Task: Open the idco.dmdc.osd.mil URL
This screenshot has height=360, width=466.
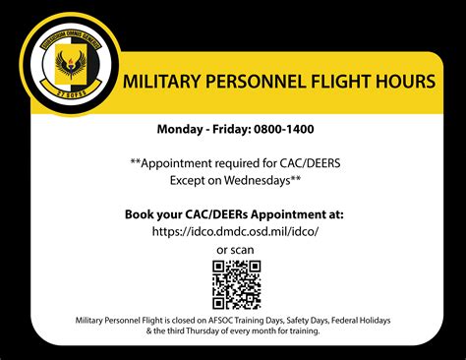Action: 236,231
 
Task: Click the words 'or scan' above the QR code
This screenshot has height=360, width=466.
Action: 236,248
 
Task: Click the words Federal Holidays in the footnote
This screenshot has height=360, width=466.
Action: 360,321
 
